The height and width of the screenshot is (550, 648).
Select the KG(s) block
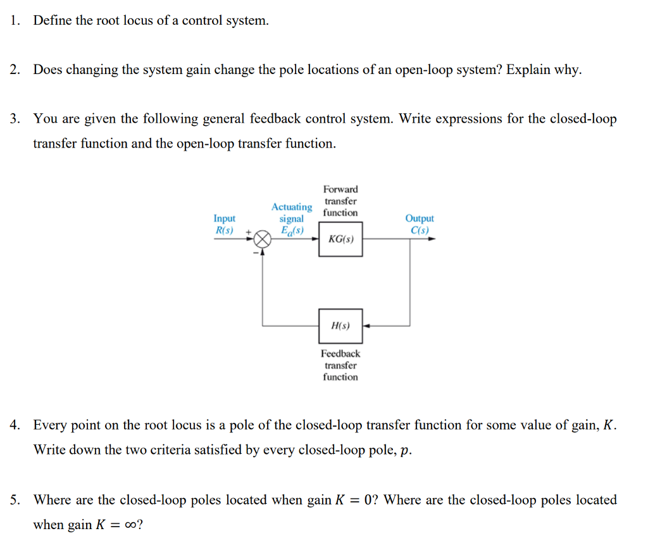coord(340,239)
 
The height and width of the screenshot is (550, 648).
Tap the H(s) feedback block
coord(340,326)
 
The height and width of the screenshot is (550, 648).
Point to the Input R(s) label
coord(225,224)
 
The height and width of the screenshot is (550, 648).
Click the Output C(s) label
coord(420,224)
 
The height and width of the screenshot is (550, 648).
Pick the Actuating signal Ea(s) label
coord(292,218)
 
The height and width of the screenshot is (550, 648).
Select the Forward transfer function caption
coord(340,201)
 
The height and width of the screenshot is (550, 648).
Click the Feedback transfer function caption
coord(340,365)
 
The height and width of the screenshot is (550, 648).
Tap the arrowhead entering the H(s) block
coord(366,326)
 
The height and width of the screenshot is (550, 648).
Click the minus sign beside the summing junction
coord(257,253)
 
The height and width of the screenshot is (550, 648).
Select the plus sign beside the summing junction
coord(249,232)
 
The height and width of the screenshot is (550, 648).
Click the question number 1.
coord(15,21)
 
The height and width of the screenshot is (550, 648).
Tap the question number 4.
coord(15,425)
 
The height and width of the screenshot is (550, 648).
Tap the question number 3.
coord(15,119)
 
